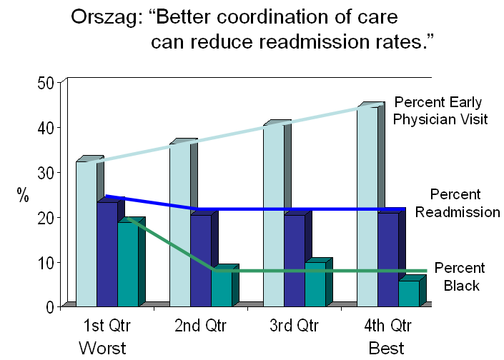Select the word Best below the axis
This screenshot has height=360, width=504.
tap(387, 348)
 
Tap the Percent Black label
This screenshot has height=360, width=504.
tap(458, 276)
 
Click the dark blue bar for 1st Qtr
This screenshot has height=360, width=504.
tap(107, 254)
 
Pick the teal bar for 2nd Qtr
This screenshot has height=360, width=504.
tap(222, 286)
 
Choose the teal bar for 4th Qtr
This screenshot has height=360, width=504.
tap(409, 294)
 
